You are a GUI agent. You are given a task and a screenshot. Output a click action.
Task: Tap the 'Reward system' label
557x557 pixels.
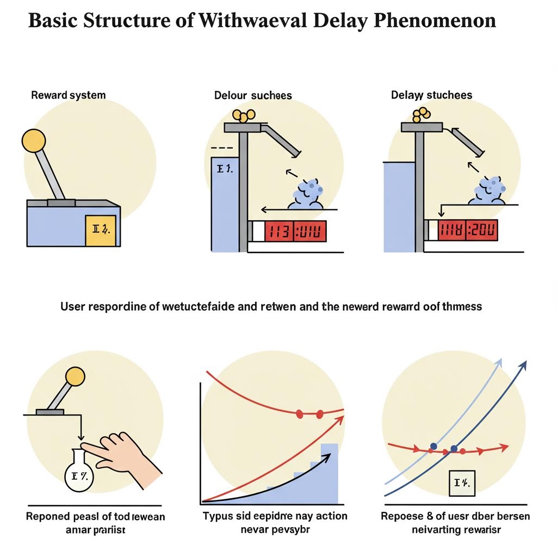68,95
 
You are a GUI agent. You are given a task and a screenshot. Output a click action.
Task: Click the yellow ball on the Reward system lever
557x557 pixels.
33,141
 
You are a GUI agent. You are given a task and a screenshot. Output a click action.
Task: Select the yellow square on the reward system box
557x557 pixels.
101,231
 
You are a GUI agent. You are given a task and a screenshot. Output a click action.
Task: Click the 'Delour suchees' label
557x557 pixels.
253,96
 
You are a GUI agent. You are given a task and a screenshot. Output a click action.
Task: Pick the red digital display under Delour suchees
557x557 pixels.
295,231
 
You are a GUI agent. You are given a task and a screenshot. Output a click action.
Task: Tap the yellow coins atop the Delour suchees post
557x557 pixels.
244,115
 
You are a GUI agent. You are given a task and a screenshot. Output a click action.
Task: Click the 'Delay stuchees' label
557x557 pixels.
431,95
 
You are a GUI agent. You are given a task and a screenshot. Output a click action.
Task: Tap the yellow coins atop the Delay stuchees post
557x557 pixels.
421,114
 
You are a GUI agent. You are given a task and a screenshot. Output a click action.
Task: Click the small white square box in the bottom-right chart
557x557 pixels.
462,483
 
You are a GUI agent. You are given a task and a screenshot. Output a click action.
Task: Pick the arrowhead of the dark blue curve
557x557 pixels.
524,364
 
